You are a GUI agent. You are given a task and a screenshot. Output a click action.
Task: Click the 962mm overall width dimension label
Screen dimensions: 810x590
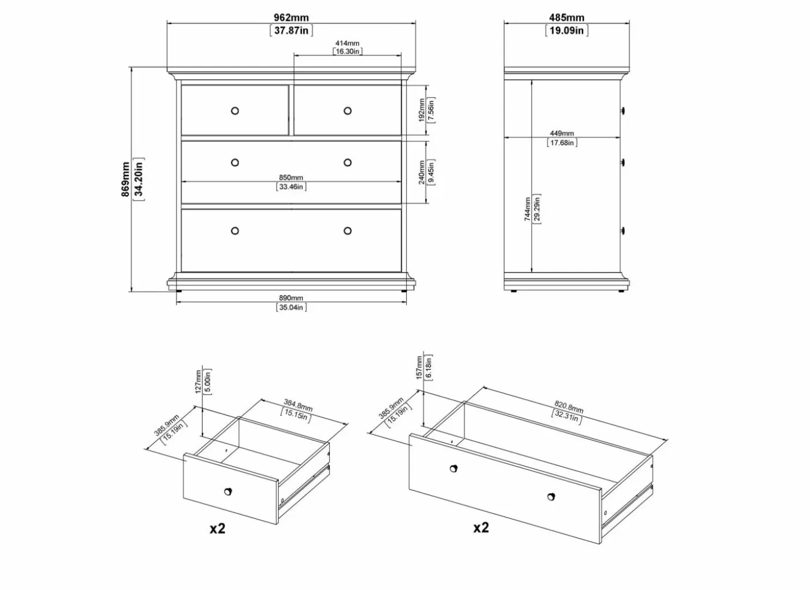[291, 18]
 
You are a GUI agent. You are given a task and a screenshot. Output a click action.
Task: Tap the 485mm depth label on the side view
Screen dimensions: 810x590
[566, 18]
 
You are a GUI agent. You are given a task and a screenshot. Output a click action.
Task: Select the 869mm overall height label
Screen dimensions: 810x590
[126, 179]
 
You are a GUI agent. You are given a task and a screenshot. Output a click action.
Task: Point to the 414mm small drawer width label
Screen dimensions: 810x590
[347, 43]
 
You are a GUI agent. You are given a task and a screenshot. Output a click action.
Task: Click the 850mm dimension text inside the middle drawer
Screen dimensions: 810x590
[290, 178]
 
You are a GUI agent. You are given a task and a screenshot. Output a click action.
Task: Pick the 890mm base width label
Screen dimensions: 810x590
[290, 298]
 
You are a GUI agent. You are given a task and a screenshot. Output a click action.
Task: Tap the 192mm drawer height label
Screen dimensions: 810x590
[421, 111]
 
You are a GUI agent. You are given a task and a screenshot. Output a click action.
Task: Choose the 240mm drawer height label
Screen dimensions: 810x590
[421, 173]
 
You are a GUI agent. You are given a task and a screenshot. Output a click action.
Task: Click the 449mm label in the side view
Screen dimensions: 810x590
[562, 134]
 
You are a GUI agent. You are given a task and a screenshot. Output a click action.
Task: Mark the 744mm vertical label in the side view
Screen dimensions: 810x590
[528, 209]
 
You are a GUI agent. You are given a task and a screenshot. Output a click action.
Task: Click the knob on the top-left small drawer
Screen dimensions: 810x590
[235, 111]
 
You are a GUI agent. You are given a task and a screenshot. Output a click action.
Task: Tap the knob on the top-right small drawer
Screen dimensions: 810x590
[348, 111]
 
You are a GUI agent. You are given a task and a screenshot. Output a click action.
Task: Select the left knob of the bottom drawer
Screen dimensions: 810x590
[235, 231]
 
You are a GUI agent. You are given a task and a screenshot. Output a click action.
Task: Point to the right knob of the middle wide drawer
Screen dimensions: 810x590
[348, 163]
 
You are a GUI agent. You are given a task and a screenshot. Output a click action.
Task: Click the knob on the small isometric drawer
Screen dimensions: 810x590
[228, 492]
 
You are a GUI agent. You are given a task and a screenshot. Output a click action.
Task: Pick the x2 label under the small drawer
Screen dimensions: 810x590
[218, 529]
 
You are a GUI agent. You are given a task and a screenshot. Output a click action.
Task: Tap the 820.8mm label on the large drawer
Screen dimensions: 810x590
[569, 406]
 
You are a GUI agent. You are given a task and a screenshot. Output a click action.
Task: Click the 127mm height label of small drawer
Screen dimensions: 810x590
[198, 382]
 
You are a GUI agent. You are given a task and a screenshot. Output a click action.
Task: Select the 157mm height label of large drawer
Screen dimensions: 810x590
[419, 368]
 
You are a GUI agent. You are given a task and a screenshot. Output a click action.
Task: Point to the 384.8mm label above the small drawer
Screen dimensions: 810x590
[298, 405]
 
